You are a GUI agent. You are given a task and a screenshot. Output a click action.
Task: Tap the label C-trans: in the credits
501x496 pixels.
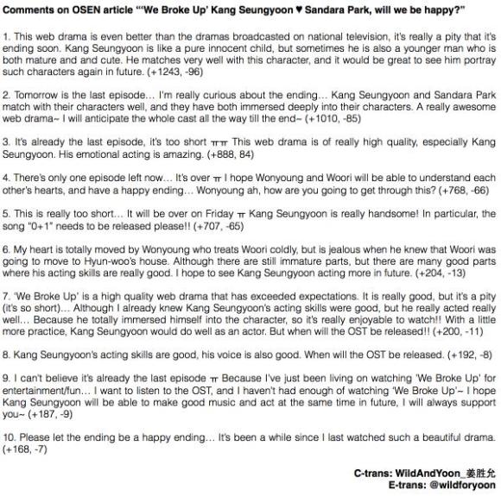coord(372,473)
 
